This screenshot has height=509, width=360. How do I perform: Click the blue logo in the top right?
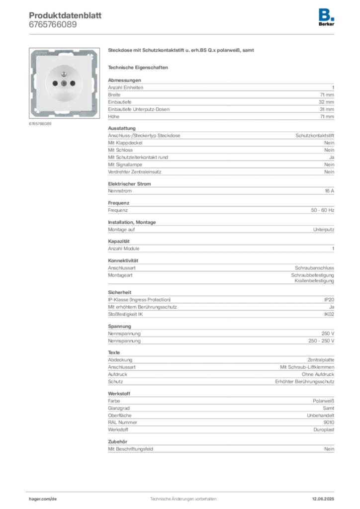[x=326, y=14]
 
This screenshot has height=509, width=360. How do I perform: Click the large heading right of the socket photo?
[x=180, y=51]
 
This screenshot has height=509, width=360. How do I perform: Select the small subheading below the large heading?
[x=140, y=67]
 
